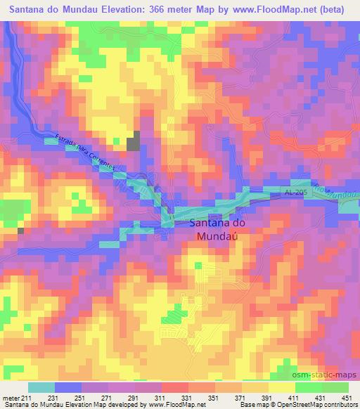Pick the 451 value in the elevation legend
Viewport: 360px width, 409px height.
click(x=345, y=398)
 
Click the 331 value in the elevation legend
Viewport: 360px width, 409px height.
click(x=188, y=398)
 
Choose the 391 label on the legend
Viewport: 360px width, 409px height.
click(x=267, y=398)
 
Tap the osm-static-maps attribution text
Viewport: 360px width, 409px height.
click(x=330, y=375)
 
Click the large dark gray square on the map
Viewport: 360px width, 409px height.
click(x=134, y=143)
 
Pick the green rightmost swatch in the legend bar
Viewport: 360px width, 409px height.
click(x=335, y=387)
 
